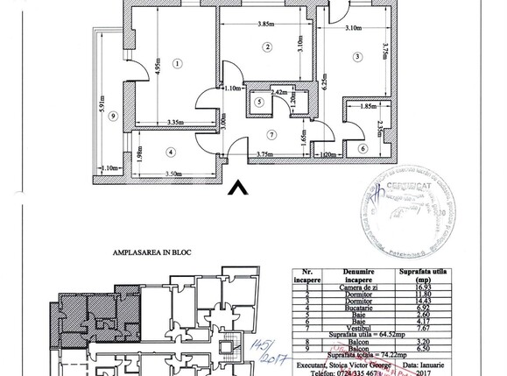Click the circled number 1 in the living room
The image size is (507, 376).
pyautogui.click(x=177, y=63)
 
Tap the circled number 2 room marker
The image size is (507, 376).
pyautogui.click(x=268, y=46)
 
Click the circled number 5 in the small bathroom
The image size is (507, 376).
pyautogui.click(x=259, y=102)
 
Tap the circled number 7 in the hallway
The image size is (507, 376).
pyautogui.click(x=272, y=135)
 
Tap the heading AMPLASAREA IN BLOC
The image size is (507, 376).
pyautogui.click(x=152, y=252)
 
